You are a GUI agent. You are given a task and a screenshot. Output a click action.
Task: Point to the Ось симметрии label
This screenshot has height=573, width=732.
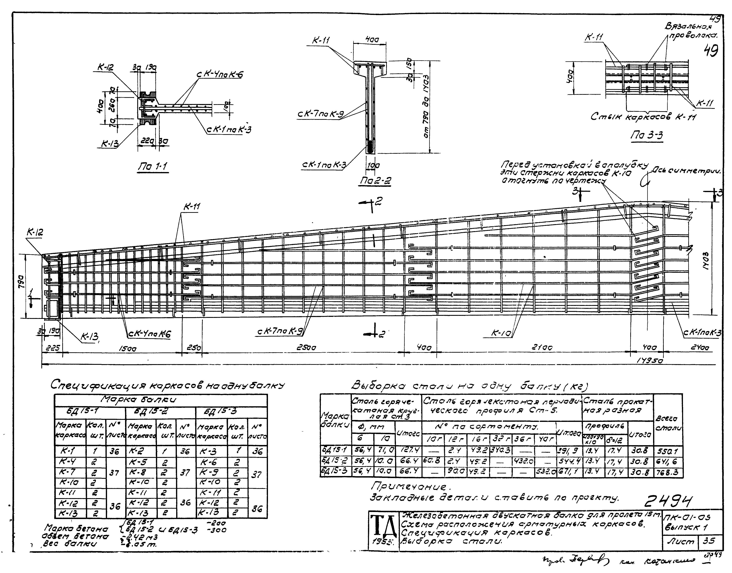[x=687, y=172]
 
